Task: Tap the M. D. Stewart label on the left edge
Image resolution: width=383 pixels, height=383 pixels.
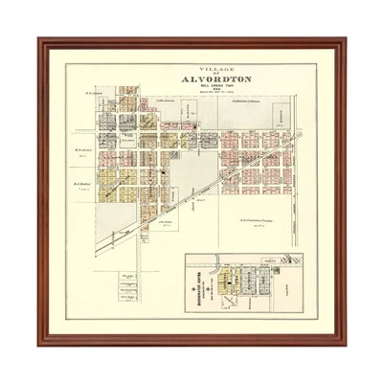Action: coord(83,150)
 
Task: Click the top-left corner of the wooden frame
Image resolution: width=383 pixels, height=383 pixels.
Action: coord(40,41)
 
